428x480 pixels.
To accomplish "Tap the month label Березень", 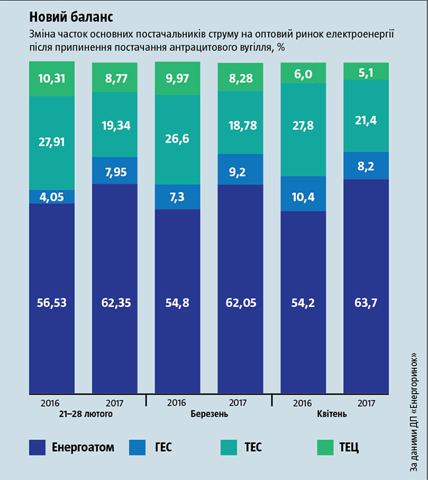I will click(x=210, y=414).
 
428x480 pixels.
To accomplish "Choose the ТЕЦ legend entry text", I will click(x=349, y=448).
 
